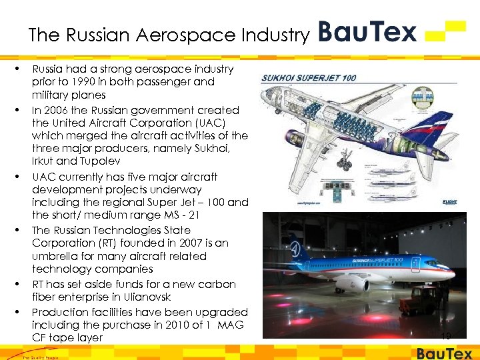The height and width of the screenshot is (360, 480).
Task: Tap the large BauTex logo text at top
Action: point(367,31)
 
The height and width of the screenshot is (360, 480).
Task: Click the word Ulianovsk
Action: point(146,297)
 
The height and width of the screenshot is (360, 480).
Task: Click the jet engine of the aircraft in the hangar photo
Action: point(353,283)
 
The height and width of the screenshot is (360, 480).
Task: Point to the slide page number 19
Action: point(445,337)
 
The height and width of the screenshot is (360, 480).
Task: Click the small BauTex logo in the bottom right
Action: point(445,353)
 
